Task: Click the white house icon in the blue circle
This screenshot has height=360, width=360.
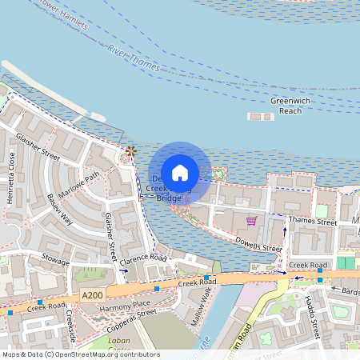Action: click(x=180, y=172)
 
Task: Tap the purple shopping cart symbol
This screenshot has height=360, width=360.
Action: click(x=251, y=221)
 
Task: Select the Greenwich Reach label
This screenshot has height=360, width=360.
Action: click(x=286, y=106)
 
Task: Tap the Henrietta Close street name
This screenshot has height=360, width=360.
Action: click(x=11, y=178)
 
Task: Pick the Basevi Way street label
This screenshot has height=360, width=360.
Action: click(x=60, y=209)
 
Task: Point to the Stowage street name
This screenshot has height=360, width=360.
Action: click(x=54, y=262)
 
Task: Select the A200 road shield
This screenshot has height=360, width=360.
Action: click(x=92, y=295)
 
